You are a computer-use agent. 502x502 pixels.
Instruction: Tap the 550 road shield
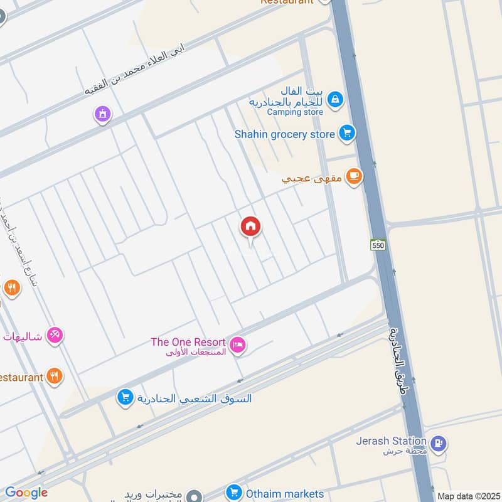(x=378, y=245)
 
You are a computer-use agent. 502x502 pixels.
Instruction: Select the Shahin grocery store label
(x=285, y=134)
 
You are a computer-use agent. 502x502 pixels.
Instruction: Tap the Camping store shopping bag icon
(x=336, y=99)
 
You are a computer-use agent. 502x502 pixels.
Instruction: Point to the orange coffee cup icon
(x=355, y=177)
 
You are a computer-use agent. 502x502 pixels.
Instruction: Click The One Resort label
(x=188, y=342)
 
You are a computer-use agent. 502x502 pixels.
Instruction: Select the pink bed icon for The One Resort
(x=238, y=344)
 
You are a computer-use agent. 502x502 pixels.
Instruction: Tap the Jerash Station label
(x=391, y=441)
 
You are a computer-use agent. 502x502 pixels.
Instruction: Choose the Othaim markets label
(x=284, y=493)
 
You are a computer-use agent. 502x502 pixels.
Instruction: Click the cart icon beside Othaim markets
(x=234, y=493)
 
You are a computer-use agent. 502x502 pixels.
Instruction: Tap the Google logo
(x=26, y=493)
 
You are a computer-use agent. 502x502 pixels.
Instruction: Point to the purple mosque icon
(x=102, y=114)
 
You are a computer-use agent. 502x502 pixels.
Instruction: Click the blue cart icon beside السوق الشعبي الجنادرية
(x=125, y=397)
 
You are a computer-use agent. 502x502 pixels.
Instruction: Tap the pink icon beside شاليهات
(x=55, y=336)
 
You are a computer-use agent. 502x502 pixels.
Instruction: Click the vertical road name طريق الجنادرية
(x=395, y=364)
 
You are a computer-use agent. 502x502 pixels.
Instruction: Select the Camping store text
(x=295, y=112)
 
